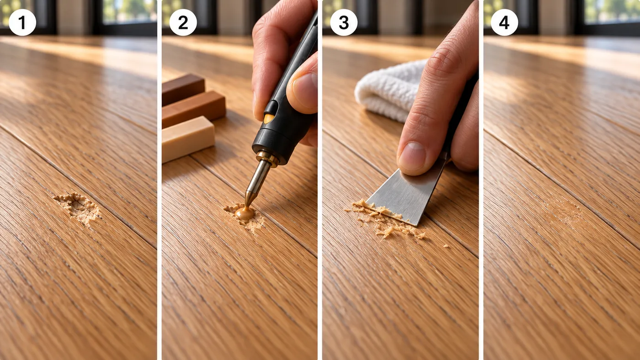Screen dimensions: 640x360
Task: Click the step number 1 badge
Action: [22, 22]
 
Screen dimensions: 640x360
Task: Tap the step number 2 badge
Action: [183, 22]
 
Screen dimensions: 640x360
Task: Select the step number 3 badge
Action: [344, 22]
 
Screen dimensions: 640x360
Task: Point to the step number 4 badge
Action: [504, 22]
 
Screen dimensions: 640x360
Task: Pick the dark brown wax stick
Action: [183, 89]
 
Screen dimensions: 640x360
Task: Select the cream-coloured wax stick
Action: [187, 138]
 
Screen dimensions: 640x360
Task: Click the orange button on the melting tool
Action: [269, 118]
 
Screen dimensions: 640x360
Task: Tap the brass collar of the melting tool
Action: [267, 158]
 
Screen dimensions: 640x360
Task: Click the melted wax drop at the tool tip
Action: [244, 213]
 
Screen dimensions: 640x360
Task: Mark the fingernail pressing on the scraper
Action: [412, 156]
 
